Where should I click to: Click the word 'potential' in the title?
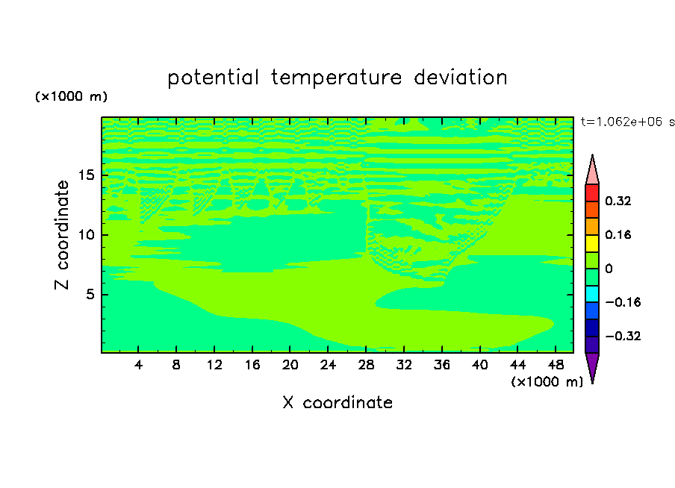pyautogui.click(x=213, y=78)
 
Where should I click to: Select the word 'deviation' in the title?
pyautogui.click(x=461, y=78)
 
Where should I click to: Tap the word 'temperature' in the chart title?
pyautogui.click(x=336, y=78)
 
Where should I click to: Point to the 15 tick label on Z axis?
pyautogui.click(x=86, y=175)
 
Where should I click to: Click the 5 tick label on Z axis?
pyautogui.click(x=90, y=294)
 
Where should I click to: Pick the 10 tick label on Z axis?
pyautogui.click(x=86, y=234)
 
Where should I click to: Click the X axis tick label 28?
pyautogui.click(x=366, y=365)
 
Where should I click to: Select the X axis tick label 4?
pyautogui.click(x=138, y=365)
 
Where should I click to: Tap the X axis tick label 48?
pyautogui.click(x=556, y=365)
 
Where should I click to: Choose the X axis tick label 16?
pyautogui.click(x=252, y=365)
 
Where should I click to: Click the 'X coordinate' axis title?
pyautogui.click(x=337, y=402)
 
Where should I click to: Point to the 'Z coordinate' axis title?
pyautogui.click(x=61, y=235)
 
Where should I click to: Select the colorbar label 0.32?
pyautogui.click(x=618, y=201)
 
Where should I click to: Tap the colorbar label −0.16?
pyautogui.click(x=623, y=302)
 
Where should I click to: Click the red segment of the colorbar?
pyautogui.click(x=592, y=193)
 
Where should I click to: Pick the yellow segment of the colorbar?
pyautogui.click(x=592, y=243)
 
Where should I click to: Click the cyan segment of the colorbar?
pyautogui.click(x=592, y=294)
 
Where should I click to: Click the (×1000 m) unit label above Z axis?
pyautogui.click(x=71, y=96)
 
